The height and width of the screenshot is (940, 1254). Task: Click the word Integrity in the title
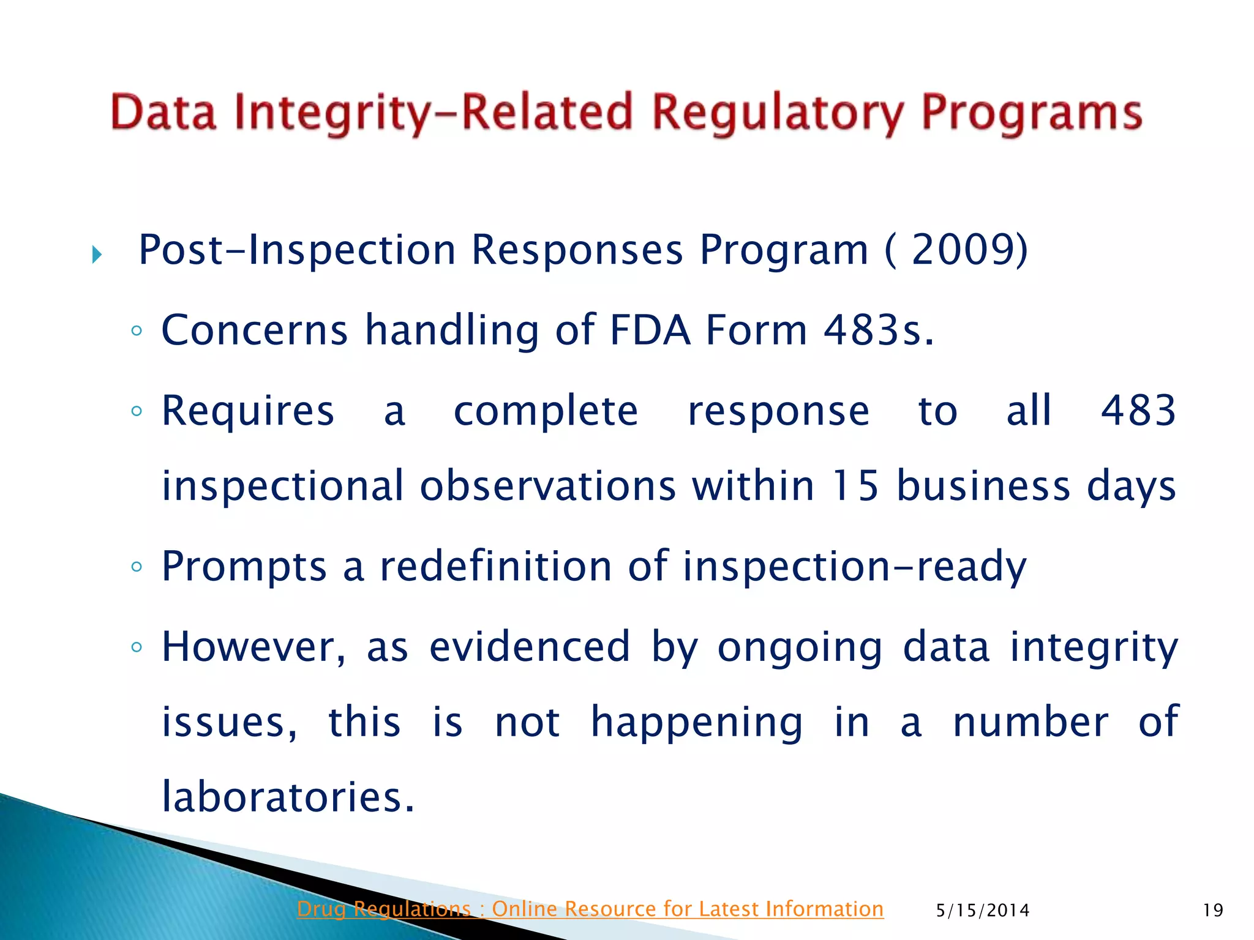click(x=343, y=113)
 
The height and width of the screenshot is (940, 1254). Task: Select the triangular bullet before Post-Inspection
click(x=97, y=254)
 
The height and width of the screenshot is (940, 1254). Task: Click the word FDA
click(x=650, y=330)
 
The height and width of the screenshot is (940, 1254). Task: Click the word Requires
click(x=247, y=411)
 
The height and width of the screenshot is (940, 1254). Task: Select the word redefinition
click(x=496, y=566)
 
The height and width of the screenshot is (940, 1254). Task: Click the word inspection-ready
click(x=854, y=566)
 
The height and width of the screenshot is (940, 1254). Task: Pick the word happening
click(x=696, y=722)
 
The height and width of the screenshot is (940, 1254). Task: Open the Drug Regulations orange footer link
click(x=590, y=909)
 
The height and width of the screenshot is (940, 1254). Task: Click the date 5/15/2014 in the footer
click(x=982, y=911)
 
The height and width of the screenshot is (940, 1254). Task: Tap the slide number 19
click(x=1212, y=911)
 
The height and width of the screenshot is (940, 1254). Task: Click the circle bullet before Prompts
click(x=136, y=567)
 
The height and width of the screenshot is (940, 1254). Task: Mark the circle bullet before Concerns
click(x=136, y=331)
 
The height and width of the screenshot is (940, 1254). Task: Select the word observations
click(x=547, y=486)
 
